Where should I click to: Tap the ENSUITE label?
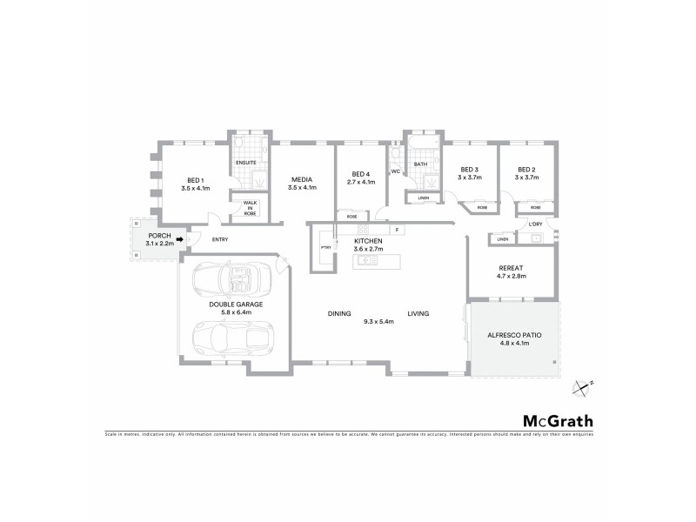click(x=246, y=163)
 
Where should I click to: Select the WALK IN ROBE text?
click(x=250, y=208)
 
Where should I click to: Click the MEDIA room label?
click(x=302, y=179)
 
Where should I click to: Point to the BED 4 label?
click(x=360, y=173)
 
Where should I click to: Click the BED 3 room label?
click(x=469, y=170)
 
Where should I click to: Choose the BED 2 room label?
click(x=526, y=170)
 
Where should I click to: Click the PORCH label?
click(x=159, y=236)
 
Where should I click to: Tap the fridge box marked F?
click(x=396, y=230)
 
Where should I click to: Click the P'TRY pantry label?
click(x=326, y=248)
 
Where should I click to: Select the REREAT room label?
click(x=512, y=267)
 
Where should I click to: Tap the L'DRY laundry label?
click(x=535, y=224)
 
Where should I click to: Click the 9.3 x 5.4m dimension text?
click(x=378, y=322)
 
